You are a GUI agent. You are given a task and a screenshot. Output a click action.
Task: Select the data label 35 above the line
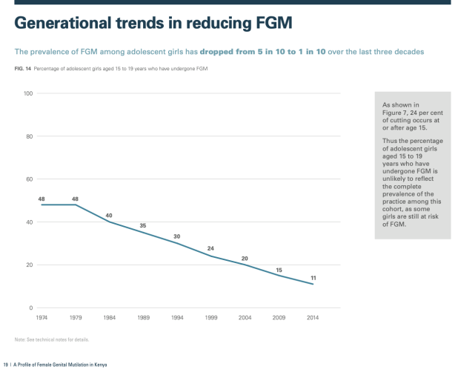[x=142, y=226]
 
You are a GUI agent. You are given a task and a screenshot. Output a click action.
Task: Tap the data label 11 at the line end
[x=313, y=277]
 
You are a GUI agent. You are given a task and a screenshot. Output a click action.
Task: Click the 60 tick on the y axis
[x=30, y=179]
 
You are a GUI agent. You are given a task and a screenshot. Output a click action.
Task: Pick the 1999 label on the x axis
[x=210, y=317]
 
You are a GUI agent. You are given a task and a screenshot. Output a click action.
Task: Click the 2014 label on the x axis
[x=313, y=317]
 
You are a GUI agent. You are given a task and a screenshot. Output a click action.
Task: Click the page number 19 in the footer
[x=5, y=365]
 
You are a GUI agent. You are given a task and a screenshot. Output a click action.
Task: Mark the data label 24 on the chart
[x=210, y=249]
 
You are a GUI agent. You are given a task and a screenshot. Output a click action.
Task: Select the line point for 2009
[x=279, y=276]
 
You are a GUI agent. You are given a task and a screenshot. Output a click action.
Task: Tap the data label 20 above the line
[x=245, y=258]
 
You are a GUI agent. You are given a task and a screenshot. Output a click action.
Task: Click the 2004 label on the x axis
[x=245, y=317]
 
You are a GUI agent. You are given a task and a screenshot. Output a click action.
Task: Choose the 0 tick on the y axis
[x=31, y=308]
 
